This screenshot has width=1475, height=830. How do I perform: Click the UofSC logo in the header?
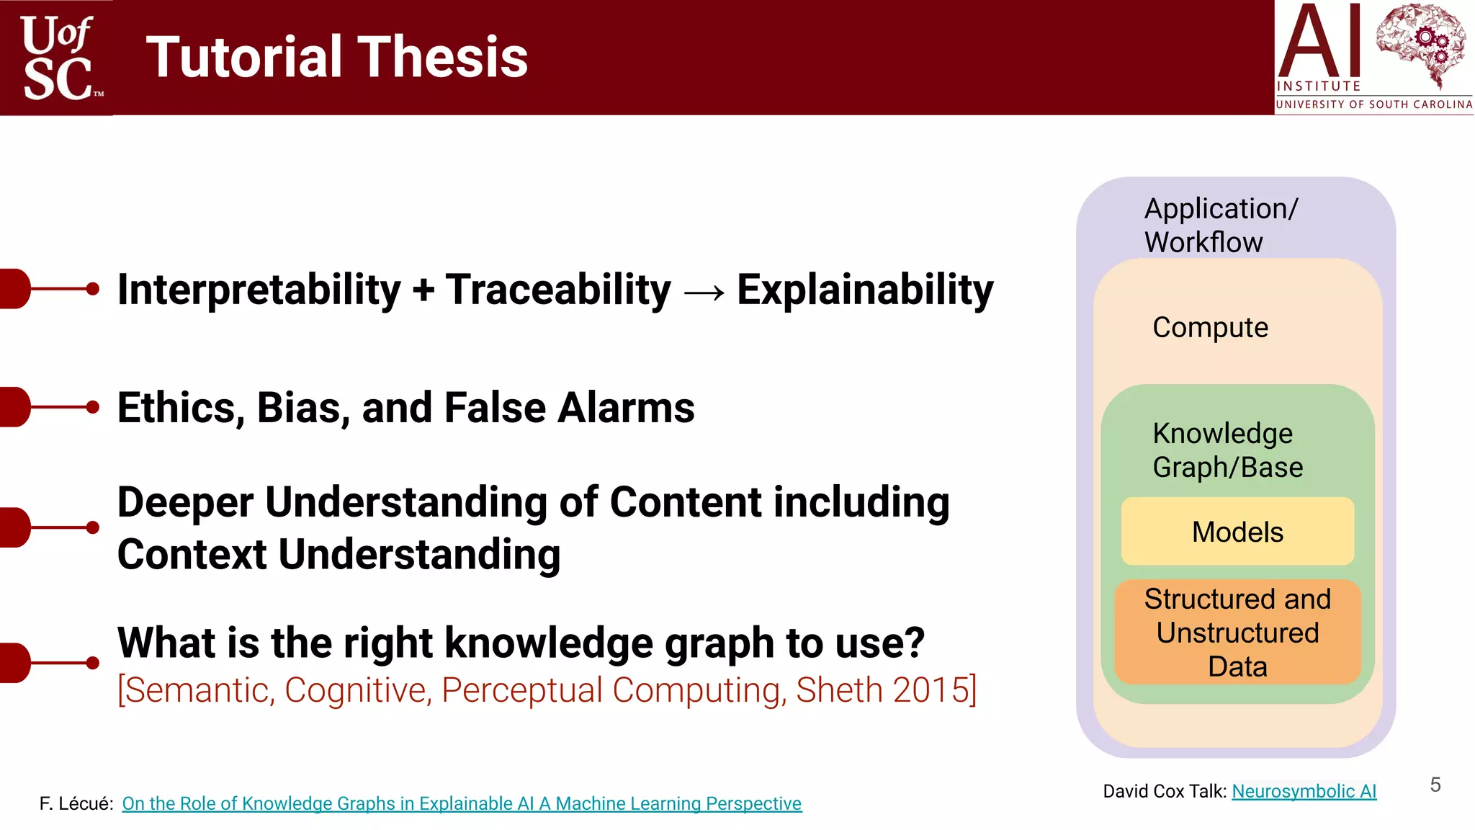tap(58, 58)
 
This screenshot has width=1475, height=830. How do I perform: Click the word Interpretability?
tap(259, 290)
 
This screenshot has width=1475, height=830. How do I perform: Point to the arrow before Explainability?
tap(704, 292)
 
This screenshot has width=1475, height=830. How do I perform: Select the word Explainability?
tap(864, 290)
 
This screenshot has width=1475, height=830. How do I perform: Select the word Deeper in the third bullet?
tap(185, 502)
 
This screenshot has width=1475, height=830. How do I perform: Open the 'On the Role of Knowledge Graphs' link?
tap(461, 803)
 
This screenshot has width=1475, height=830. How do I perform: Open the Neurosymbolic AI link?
tap(1304, 791)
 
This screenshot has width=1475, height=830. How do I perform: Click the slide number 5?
tap(1435, 785)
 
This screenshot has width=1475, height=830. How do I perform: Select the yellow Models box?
tap(1237, 532)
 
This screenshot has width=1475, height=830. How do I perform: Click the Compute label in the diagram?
tap(1210, 328)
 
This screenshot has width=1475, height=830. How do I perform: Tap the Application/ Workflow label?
tap(1220, 225)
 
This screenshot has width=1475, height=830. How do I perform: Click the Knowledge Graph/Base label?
tap(1227, 450)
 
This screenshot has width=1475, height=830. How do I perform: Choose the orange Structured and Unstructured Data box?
tap(1237, 633)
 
